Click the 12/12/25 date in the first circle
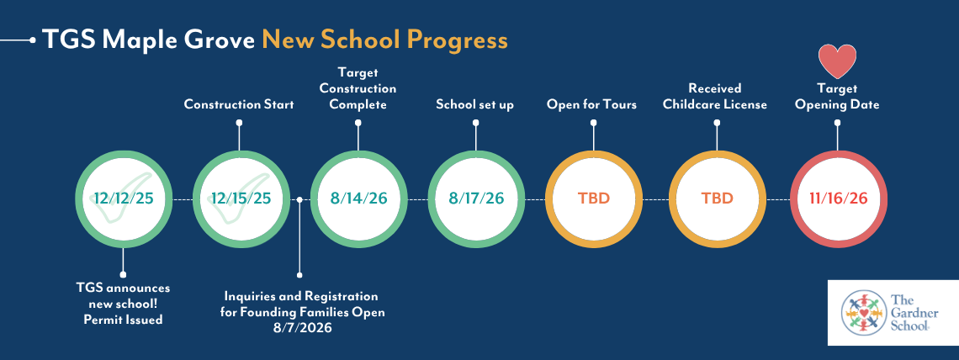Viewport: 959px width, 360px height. click(x=123, y=199)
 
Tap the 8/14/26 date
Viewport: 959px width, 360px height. click(x=358, y=199)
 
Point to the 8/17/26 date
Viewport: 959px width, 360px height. click(x=476, y=199)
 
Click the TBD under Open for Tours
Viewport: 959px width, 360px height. click(x=594, y=199)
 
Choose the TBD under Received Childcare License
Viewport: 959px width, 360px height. click(x=717, y=199)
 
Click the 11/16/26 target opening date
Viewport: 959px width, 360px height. click(x=837, y=199)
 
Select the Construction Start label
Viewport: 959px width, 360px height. click(x=239, y=104)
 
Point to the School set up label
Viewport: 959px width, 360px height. click(x=475, y=105)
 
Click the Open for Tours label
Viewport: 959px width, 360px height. click(x=592, y=105)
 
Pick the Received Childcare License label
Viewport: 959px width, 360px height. click(x=715, y=97)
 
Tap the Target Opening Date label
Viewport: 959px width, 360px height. click(x=837, y=97)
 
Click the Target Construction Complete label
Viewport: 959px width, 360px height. click(x=358, y=88)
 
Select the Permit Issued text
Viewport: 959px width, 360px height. click(x=123, y=320)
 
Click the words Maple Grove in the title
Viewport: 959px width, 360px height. click(x=178, y=41)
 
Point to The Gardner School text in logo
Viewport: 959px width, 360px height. click(x=911, y=312)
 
